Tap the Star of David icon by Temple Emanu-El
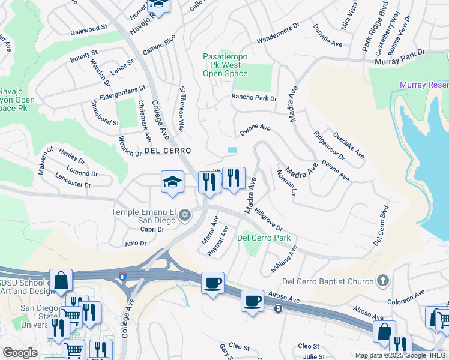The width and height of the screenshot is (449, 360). (x=185, y=215)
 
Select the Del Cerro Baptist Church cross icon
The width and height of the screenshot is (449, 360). (x=381, y=281)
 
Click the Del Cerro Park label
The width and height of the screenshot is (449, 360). (x=264, y=238)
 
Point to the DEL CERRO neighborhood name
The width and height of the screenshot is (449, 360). (x=167, y=151)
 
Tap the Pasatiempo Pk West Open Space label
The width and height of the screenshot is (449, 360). (x=225, y=65)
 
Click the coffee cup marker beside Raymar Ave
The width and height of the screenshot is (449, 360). (x=212, y=283)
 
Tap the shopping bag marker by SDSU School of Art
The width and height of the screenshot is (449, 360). (x=61, y=280)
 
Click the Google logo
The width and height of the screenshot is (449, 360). (x=20, y=353)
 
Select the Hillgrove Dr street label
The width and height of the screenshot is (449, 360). (x=268, y=220)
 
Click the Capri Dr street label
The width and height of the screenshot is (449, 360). (x=149, y=229)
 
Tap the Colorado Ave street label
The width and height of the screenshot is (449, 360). (x=405, y=296)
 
